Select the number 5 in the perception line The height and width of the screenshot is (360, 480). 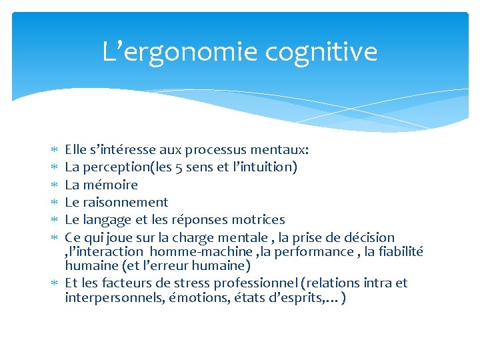pos(177,167)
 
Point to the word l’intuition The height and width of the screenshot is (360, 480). pos(263,167)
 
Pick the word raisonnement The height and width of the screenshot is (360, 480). pos(125,202)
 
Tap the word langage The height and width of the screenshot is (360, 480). pos(107,219)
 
